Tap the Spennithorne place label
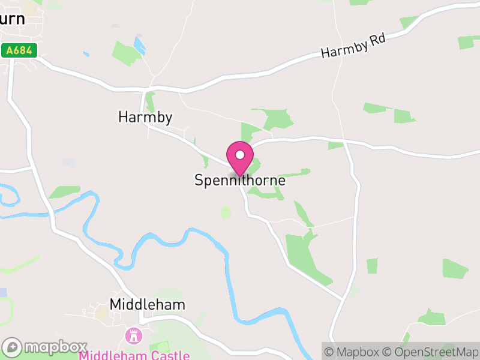click(x=240, y=180)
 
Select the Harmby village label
click(x=145, y=117)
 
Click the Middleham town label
click(x=148, y=305)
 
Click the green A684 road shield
click(x=19, y=51)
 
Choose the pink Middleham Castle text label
click(x=134, y=355)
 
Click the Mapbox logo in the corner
click(x=45, y=347)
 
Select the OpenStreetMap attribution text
click(x=430, y=352)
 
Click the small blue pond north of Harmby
click(x=140, y=46)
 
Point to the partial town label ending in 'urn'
click(x=13, y=19)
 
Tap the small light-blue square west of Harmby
click(x=68, y=163)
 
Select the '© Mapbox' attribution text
click(x=353, y=352)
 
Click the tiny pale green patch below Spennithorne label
click(x=226, y=212)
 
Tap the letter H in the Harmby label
click(x=124, y=117)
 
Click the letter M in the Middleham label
click(x=116, y=305)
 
